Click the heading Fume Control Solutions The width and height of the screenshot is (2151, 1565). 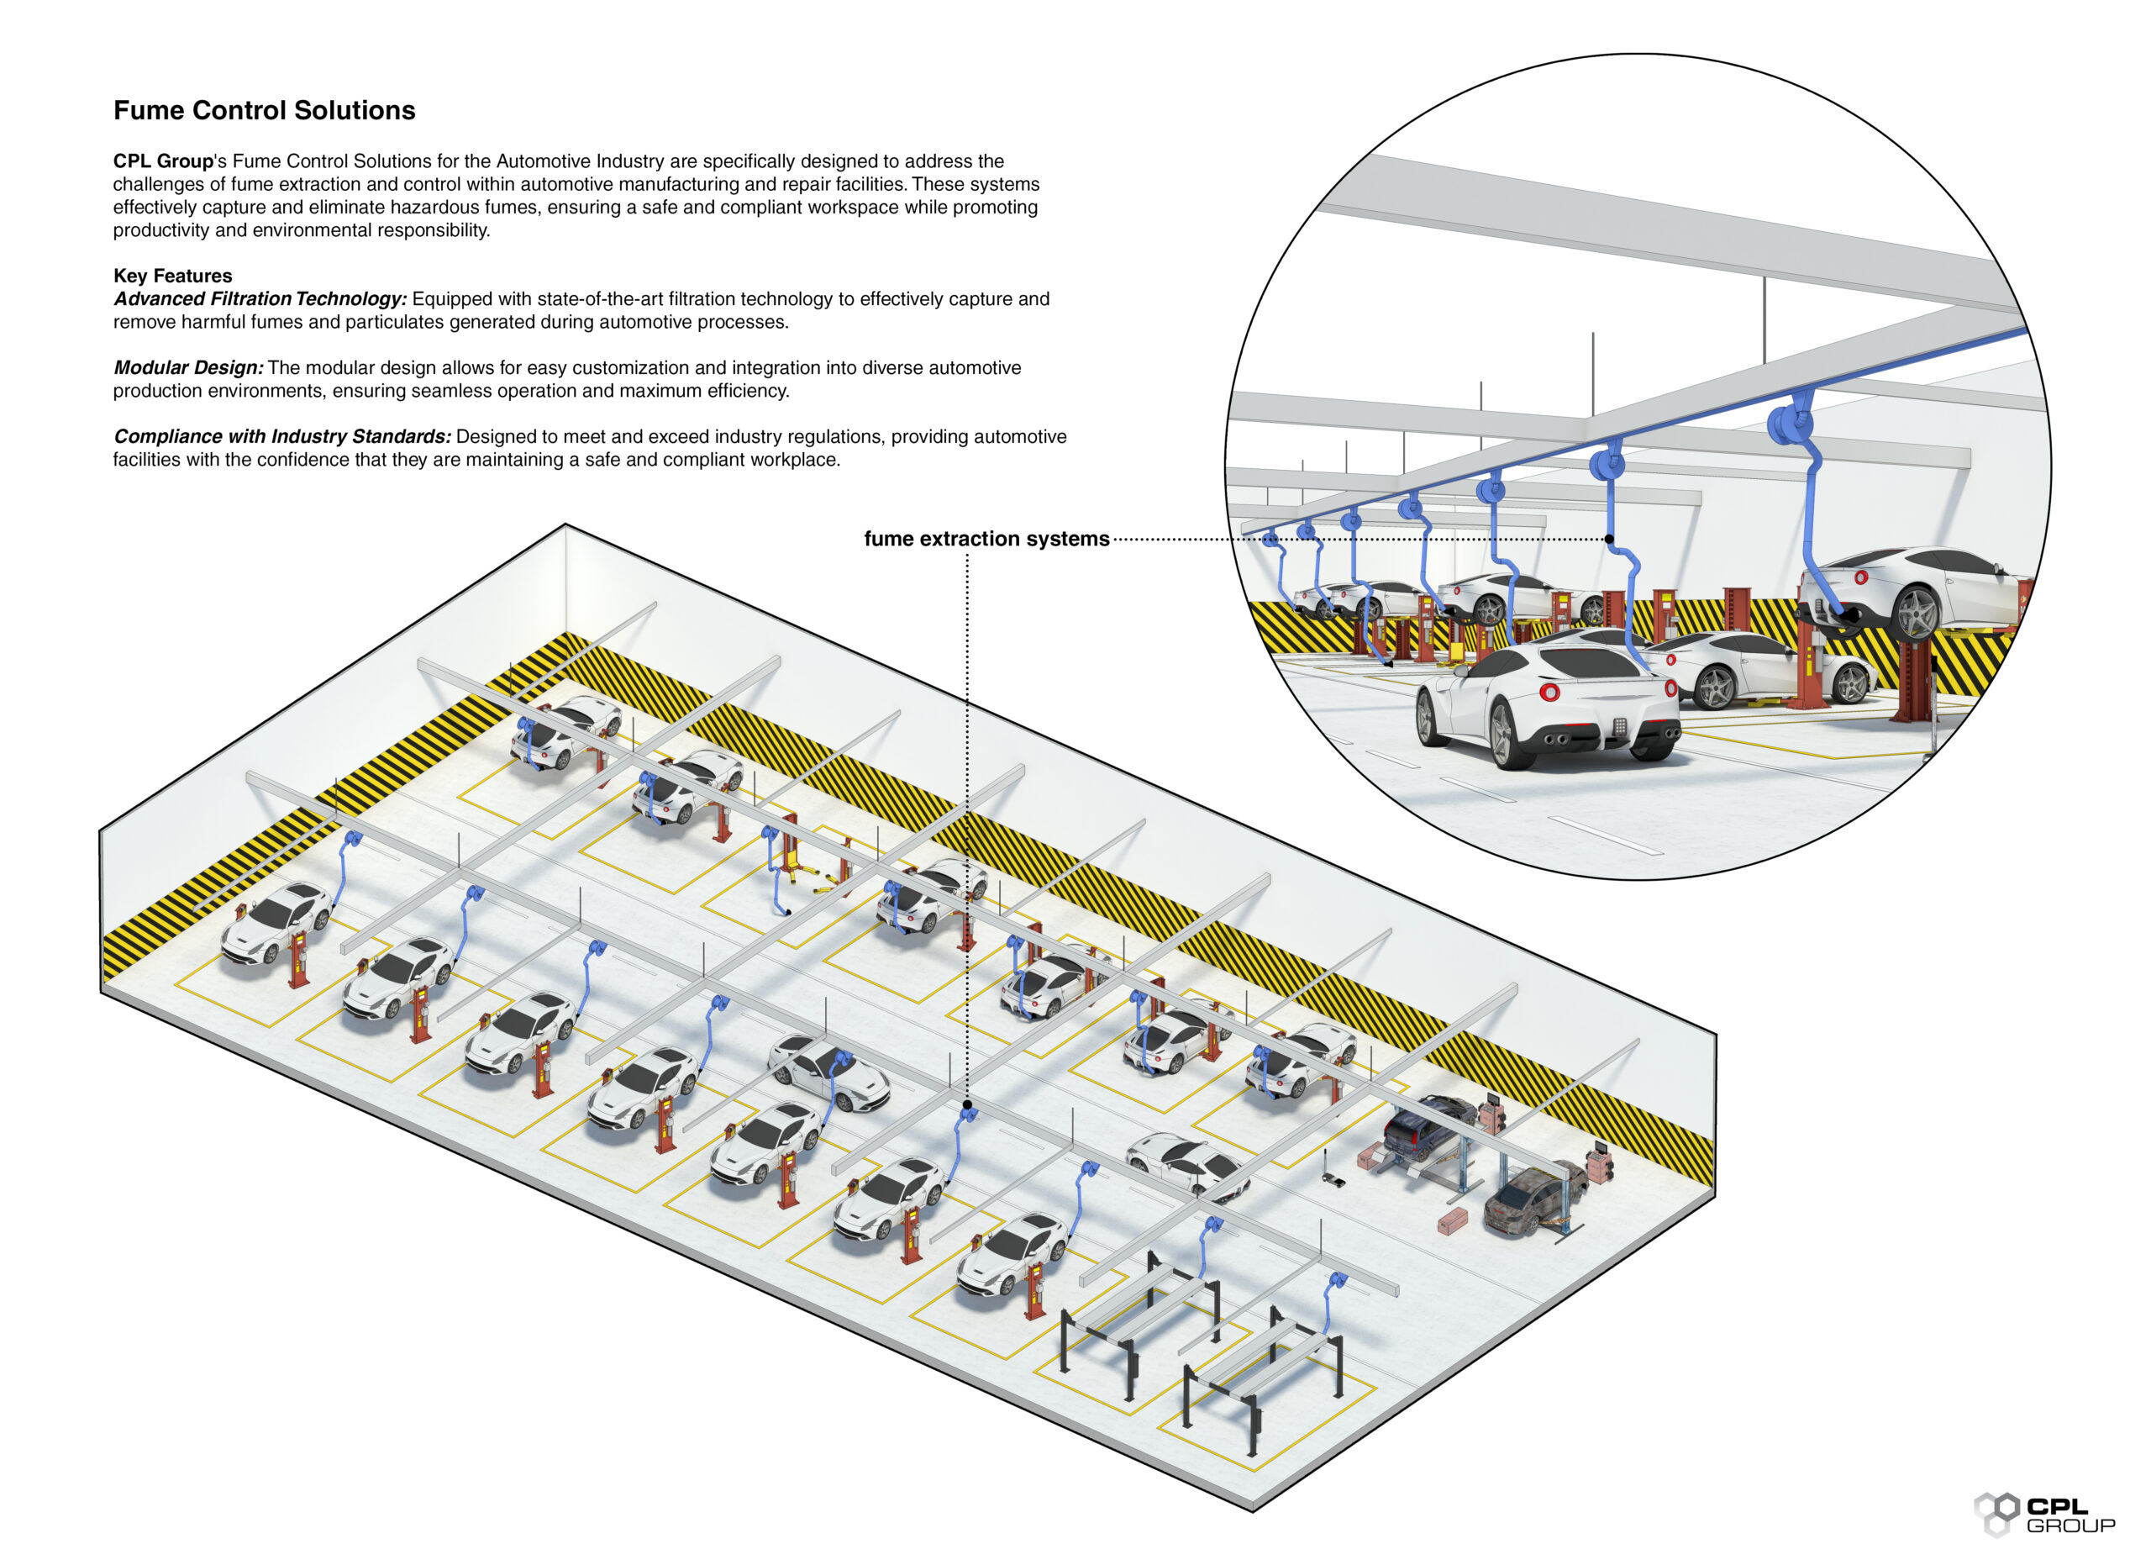[264, 111]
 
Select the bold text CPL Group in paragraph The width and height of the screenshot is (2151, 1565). [162, 161]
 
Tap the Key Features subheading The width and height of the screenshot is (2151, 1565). [172, 276]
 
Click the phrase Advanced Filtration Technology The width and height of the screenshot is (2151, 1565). [260, 298]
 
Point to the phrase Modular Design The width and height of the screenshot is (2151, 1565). [187, 368]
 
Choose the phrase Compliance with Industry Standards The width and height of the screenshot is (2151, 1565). [281, 436]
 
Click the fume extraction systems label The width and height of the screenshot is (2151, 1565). [986, 539]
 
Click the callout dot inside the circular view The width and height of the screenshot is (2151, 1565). [1608, 539]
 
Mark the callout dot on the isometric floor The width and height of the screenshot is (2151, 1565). [966, 1105]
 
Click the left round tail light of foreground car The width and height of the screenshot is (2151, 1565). [1549, 692]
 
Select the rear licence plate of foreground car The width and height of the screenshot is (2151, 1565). [1620, 726]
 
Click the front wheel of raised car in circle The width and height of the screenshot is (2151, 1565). [1916, 612]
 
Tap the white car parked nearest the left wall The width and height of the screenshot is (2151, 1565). [275, 920]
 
